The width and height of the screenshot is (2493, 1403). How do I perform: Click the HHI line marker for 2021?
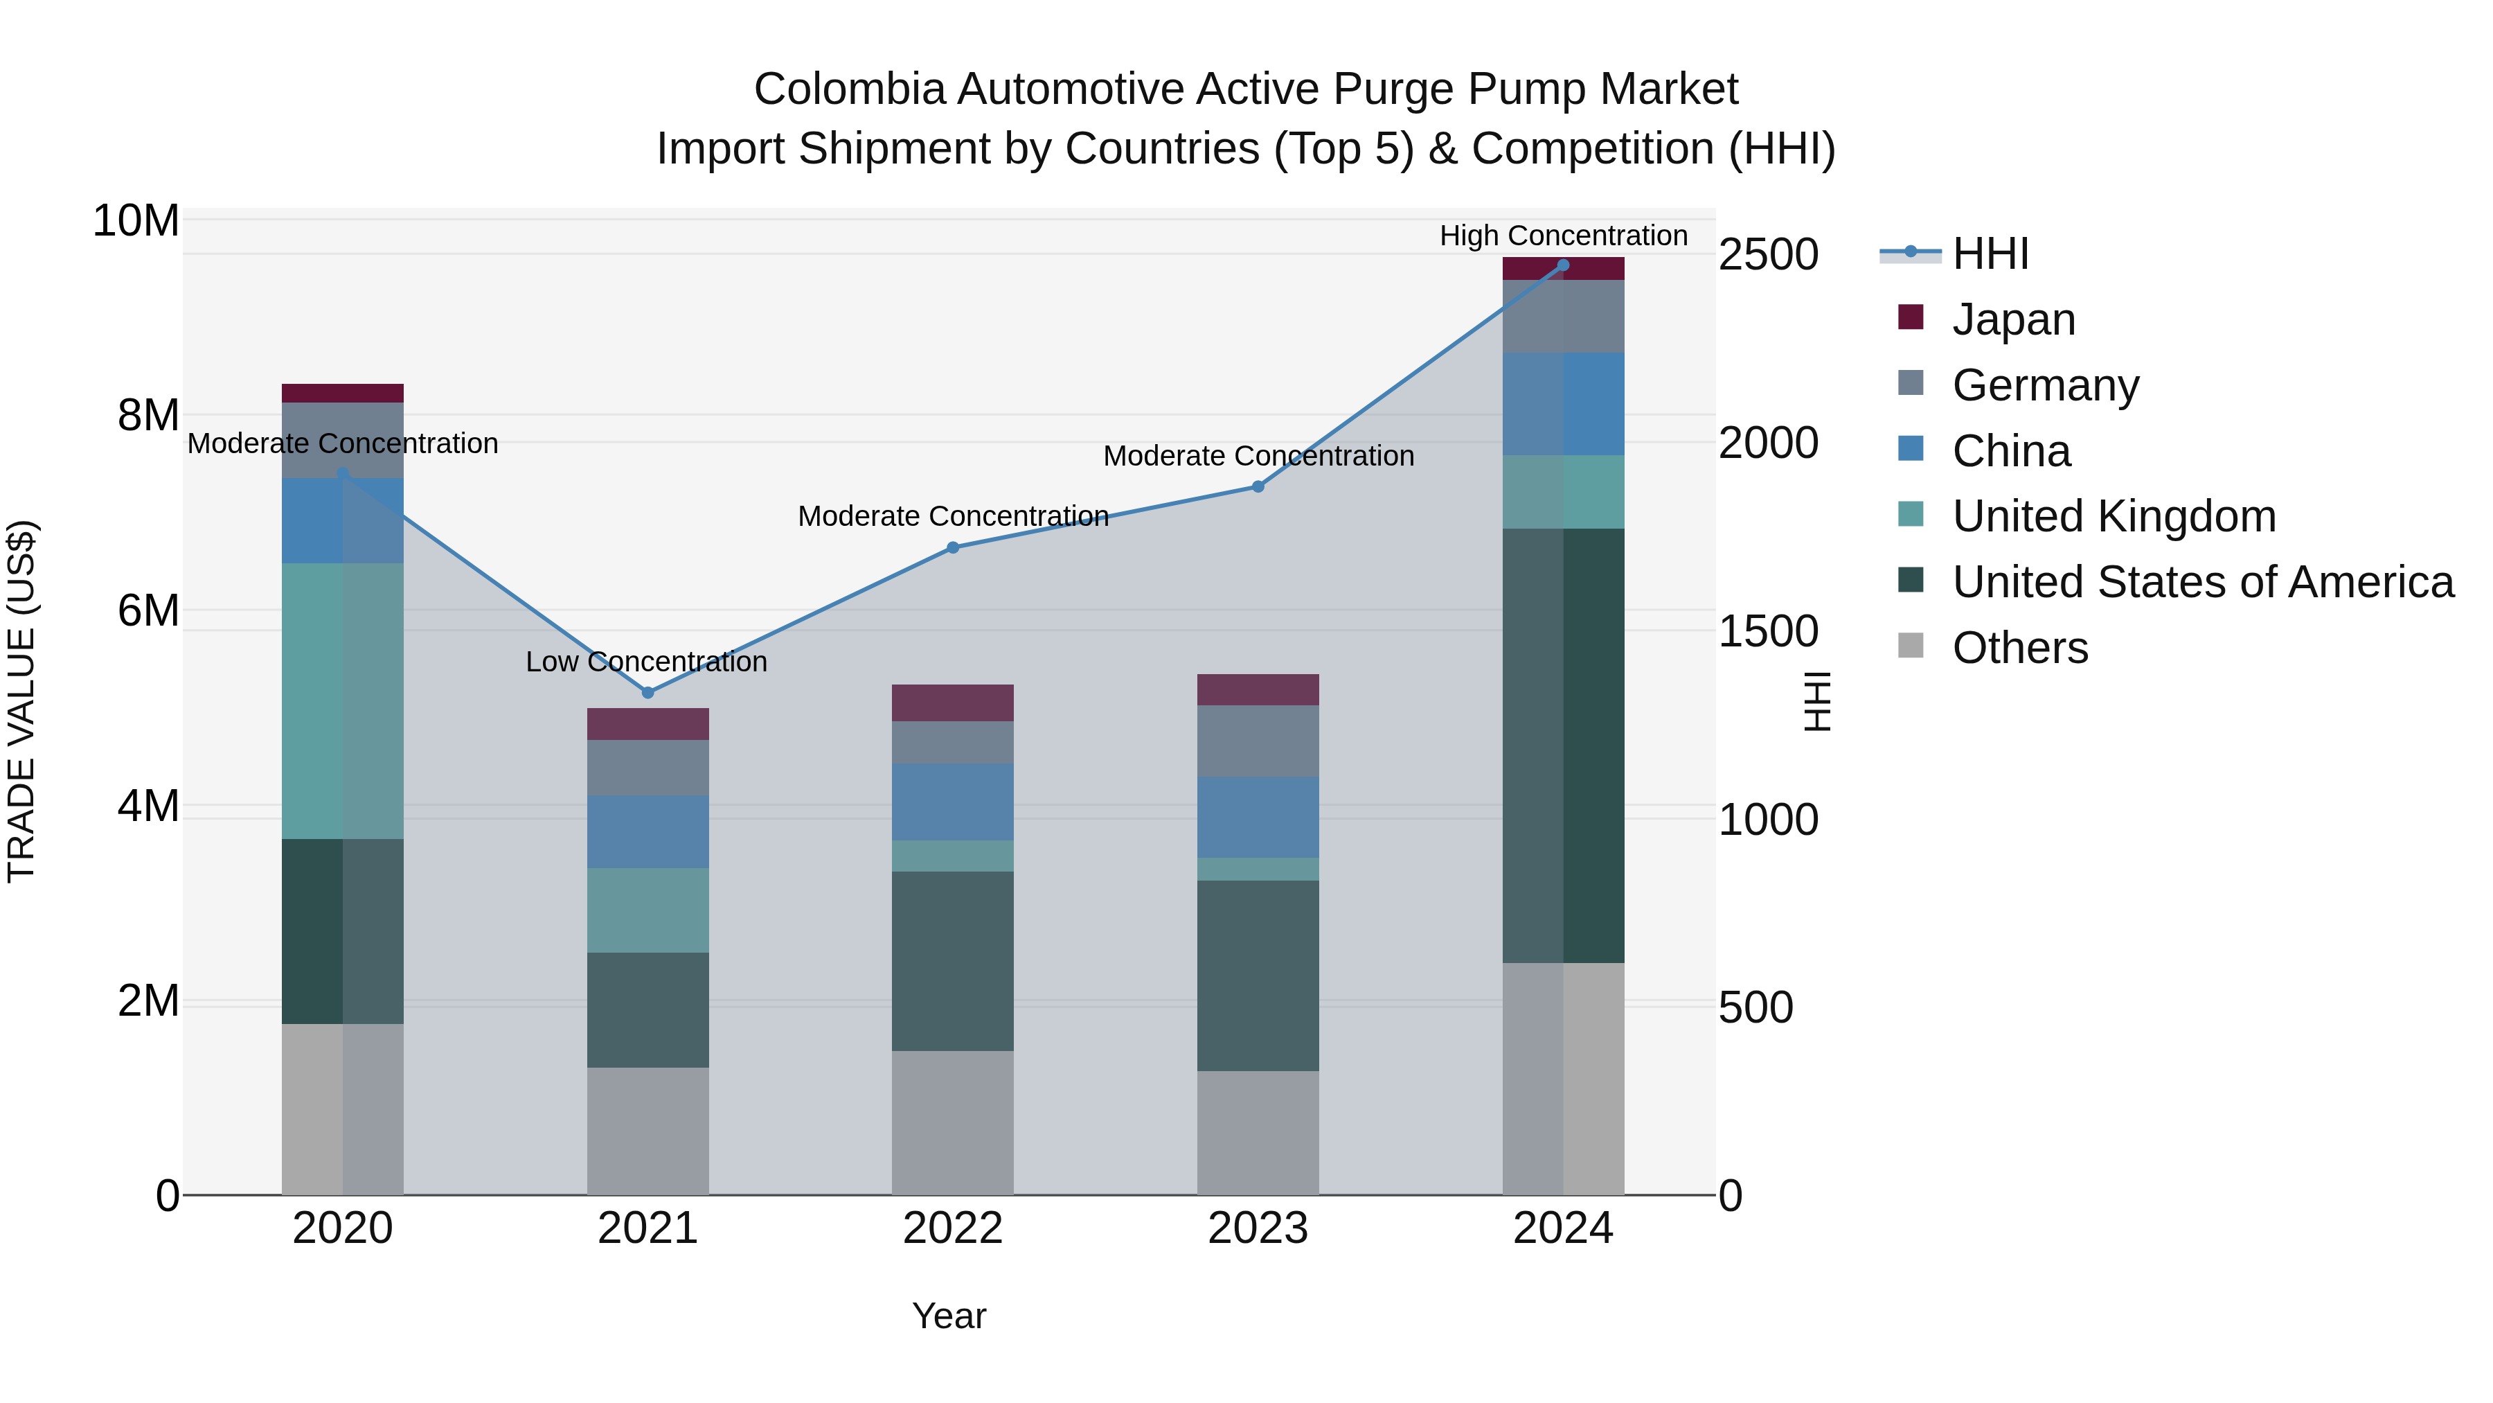(647, 692)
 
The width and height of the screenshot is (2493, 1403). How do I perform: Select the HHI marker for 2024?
(1563, 265)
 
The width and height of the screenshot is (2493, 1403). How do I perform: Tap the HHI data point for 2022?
(952, 547)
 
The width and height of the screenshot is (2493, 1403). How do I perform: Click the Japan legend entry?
(2013, 319)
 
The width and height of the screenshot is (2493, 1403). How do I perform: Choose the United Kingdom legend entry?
(2114, 516)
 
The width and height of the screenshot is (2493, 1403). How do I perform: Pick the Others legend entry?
(2020, 648)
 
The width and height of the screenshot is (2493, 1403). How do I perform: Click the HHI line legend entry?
(1990, 254)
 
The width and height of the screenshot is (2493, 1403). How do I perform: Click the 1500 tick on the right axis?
(1768, 631)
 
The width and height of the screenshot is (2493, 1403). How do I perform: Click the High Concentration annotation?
(1563, 236)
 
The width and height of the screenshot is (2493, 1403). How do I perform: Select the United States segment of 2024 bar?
(1563, 745)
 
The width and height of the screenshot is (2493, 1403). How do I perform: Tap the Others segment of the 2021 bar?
(647, 1130)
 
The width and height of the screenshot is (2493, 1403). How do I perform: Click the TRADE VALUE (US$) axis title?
(21, 701)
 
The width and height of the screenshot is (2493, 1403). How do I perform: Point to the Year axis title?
(949, 1316)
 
